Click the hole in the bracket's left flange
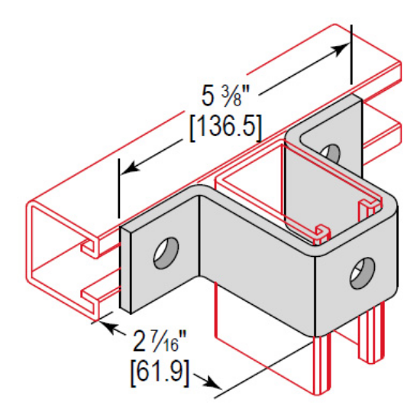[166, 252]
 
